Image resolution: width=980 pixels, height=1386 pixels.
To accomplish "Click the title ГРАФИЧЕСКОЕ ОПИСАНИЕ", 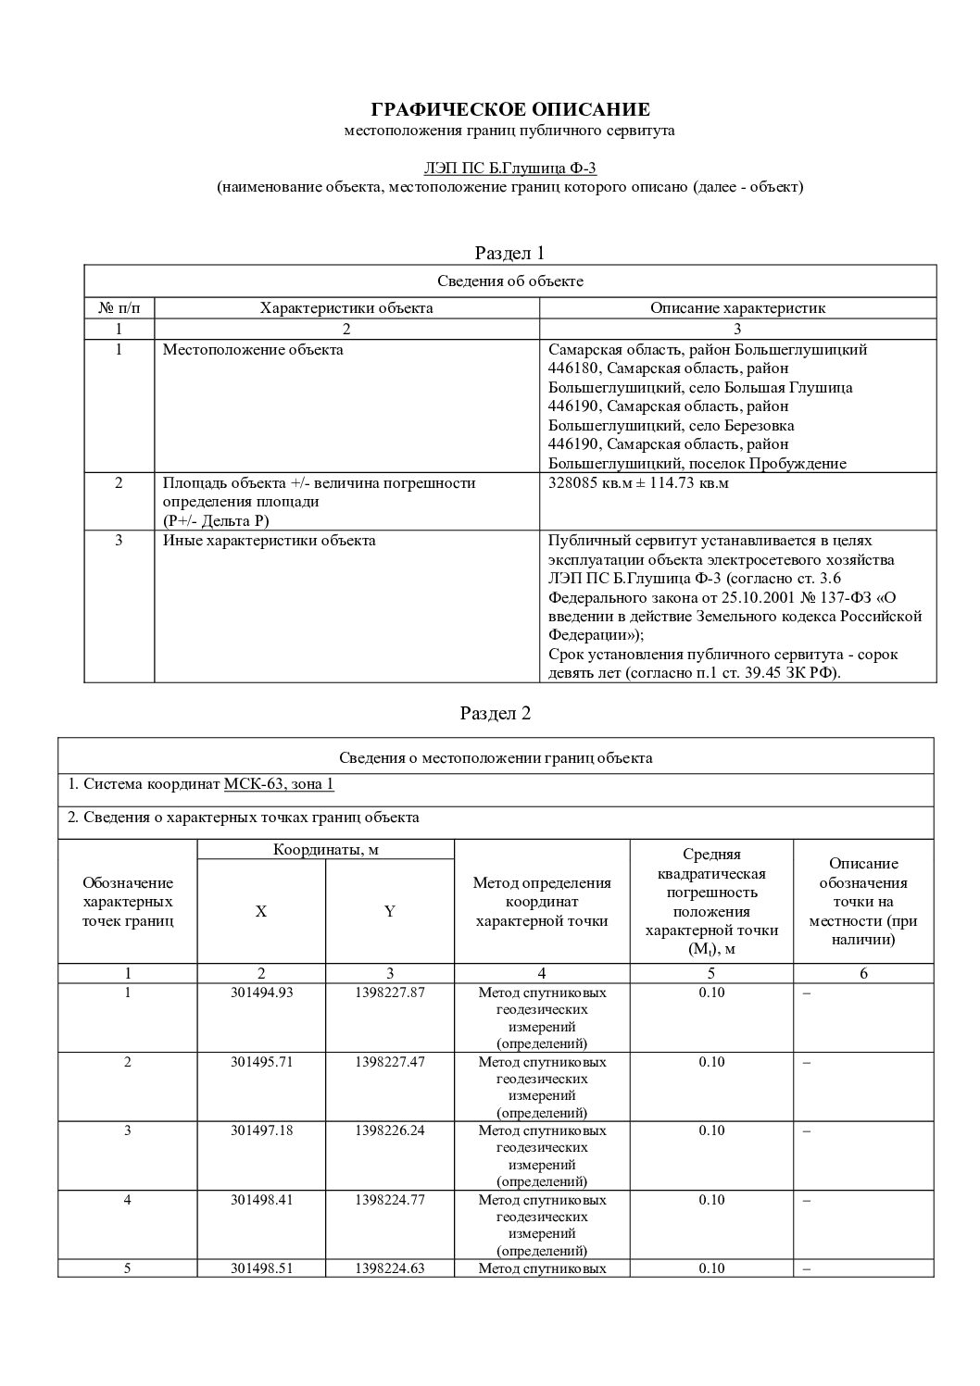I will pos(509,110).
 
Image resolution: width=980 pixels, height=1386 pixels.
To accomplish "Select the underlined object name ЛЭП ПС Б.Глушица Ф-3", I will pos(509,168).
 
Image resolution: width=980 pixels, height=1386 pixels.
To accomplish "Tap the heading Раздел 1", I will pos(509,253).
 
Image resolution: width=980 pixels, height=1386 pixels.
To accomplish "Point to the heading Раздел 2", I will pos(496,713).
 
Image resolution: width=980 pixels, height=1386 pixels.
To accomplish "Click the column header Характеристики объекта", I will pos(346,308).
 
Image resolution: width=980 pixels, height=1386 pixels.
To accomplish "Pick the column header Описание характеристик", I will pos(737,308).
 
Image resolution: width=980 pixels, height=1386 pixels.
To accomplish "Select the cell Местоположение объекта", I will pos(253,350).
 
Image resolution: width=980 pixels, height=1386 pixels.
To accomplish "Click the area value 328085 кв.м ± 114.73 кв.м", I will pos(638,482).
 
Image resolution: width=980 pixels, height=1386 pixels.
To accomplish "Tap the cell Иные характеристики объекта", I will pos(269,541).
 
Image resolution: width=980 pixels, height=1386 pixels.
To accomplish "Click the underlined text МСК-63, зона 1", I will pos(279,784).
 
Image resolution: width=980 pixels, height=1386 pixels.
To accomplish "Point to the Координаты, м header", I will pos(325,850).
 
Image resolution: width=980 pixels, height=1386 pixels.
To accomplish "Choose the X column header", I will pos(261,911).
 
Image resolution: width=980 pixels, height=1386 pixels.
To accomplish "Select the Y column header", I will pos(390,911).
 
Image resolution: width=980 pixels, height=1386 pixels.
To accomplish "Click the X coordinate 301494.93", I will pos(261,993).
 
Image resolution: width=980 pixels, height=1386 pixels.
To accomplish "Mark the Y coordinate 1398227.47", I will pos(390,1062).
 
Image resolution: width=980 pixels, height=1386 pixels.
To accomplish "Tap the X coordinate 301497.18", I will pos(261,1130).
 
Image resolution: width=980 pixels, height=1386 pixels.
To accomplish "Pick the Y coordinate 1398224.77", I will pos(390,1200).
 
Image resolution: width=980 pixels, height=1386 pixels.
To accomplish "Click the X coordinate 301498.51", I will pos(261,1268).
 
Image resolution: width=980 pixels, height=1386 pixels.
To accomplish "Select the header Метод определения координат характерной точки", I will pos(542,902).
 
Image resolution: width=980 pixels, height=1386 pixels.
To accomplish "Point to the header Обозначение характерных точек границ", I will pos(128,902).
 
